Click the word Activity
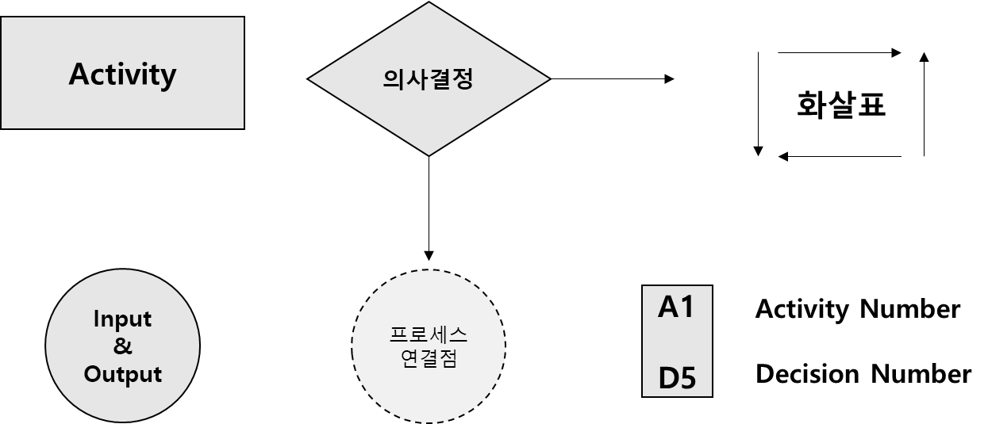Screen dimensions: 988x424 point(122,74)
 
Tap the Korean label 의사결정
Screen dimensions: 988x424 point(428,79)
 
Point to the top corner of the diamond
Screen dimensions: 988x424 point(429,4)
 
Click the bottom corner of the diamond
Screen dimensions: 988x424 point(429,155)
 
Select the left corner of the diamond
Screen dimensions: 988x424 point(309,79)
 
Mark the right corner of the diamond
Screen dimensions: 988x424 point(548,79)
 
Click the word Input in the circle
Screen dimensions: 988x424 point(122,319)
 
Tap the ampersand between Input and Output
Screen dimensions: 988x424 point(122,346)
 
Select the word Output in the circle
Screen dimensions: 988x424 point(122,373)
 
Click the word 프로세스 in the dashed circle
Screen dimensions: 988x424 point(428,334)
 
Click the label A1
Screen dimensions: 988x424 point(676,307)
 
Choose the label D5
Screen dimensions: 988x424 point(676,379)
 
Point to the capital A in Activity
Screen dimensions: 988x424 point(79,74)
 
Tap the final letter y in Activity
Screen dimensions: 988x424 point(168,78)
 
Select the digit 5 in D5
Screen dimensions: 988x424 point(687,379)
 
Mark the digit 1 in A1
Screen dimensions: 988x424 point(687,307)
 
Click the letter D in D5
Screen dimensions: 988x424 point(667,379)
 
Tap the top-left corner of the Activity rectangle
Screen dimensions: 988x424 point(2,19)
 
